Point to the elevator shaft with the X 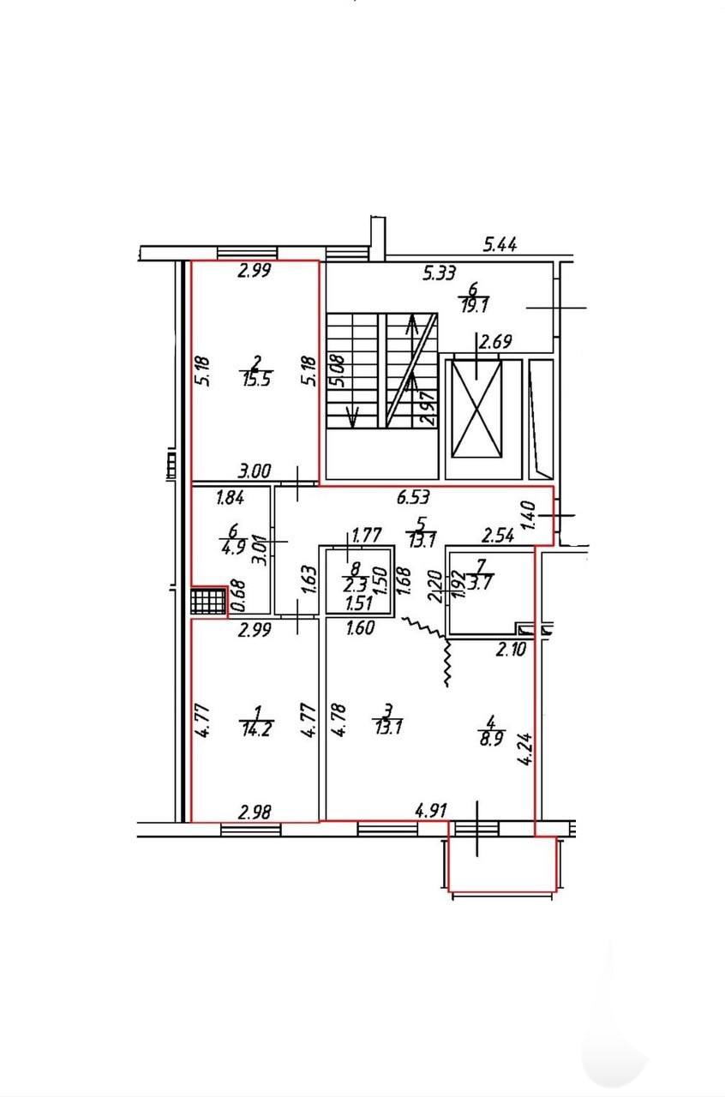(x=477, y=410)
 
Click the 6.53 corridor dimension (x=412, y=495)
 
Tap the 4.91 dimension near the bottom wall (x=432, y=808)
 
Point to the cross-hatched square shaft (x=208, y=602)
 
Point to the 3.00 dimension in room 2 (x=255, y=471)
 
